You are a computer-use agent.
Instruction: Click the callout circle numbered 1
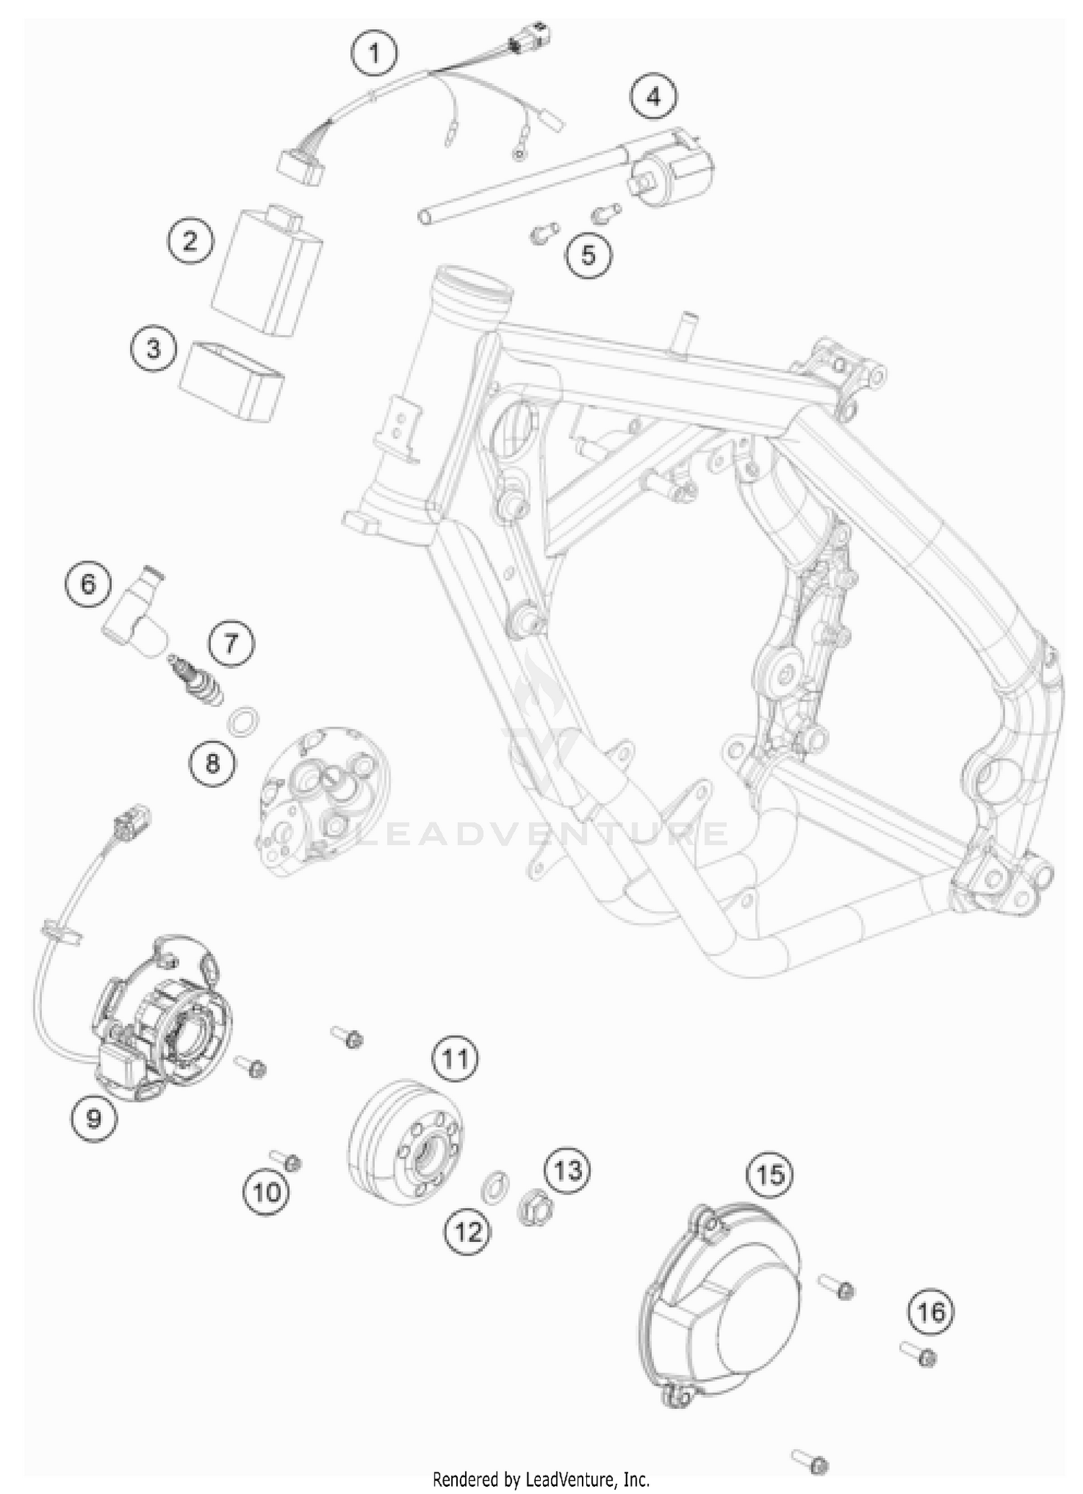(x=374, y=53)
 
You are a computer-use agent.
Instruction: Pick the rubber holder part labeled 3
(x=232, y=381)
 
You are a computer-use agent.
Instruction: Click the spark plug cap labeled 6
(x=135, y=611)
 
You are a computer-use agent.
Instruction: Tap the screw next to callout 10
(x=286, y=1160)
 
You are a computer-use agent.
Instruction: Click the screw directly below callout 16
(x=918, y=1354)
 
